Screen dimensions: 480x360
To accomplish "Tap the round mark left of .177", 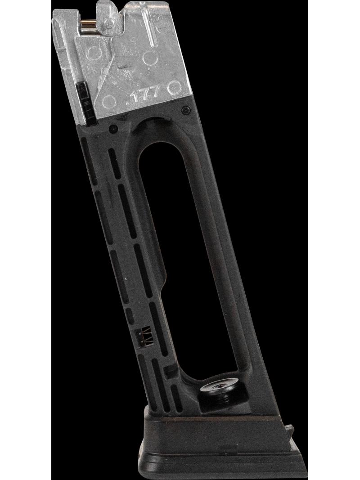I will [x=108, y=99].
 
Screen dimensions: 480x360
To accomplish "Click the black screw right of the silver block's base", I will [x=184, y=110].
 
